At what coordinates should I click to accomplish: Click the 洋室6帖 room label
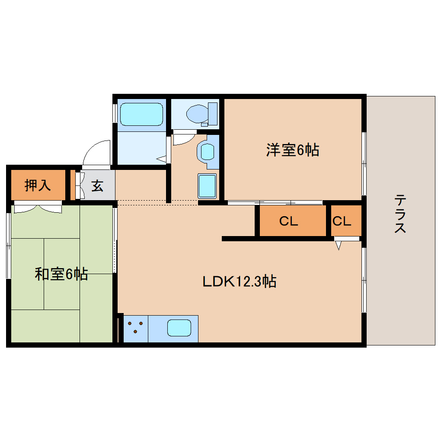[292, 150]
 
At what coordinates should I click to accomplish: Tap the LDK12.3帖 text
[240, 282]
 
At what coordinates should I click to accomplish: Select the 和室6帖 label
[61, 274]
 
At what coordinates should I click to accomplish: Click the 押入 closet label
[38, 185]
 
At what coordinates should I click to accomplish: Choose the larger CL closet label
[288, 221]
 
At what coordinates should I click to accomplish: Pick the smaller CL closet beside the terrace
[342, 221]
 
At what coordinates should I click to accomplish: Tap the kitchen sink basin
[179, 328]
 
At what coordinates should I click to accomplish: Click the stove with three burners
[136, 327]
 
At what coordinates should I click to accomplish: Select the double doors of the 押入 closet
[38, 208]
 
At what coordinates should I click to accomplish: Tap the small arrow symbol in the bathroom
[162, 159]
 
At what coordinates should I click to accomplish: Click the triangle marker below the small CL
[339, 246]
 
